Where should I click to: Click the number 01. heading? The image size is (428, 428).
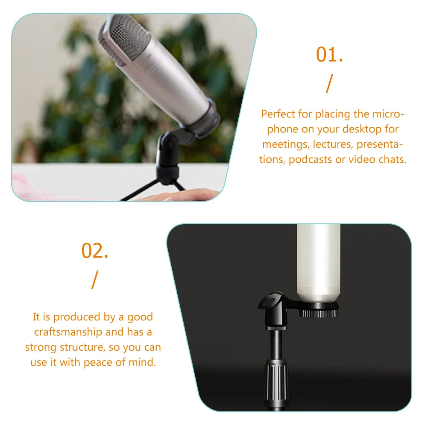[329, 55]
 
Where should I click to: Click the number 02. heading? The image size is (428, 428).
[95, 251]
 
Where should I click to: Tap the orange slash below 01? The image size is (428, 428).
[328, 84]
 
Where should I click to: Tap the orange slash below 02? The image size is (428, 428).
[94, 280]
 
